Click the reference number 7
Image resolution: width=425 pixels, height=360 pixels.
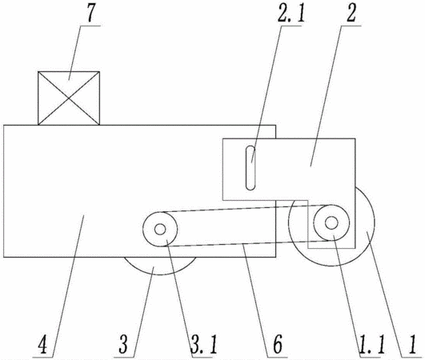[x=90, y=14]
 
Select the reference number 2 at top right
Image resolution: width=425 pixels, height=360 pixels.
[x=351, y=14]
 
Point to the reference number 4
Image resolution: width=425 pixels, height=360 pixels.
[x=43, y=344]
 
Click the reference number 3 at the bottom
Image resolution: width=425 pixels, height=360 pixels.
[x=123, y=344]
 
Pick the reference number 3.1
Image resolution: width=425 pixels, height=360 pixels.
[x=203, y=344]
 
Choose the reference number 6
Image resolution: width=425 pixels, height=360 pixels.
[x=278, y=344]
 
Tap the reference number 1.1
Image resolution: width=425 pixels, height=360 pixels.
[x=371, y=344]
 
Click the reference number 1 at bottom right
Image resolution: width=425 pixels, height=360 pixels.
[x=412, y=344]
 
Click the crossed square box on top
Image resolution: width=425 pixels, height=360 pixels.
[x=69, y=98]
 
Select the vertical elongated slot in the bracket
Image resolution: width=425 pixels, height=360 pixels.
[x=251, y=168]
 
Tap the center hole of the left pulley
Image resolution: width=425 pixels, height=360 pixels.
[x=160, y=230]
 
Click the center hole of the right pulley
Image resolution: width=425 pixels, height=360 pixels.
[x=331, y=222]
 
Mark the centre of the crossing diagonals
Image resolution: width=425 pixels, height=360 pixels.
[x=69, y=98]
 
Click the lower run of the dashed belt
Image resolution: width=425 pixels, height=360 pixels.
[x=246, y=243]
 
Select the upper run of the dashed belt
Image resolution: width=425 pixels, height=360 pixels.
[x=246, y=208]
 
